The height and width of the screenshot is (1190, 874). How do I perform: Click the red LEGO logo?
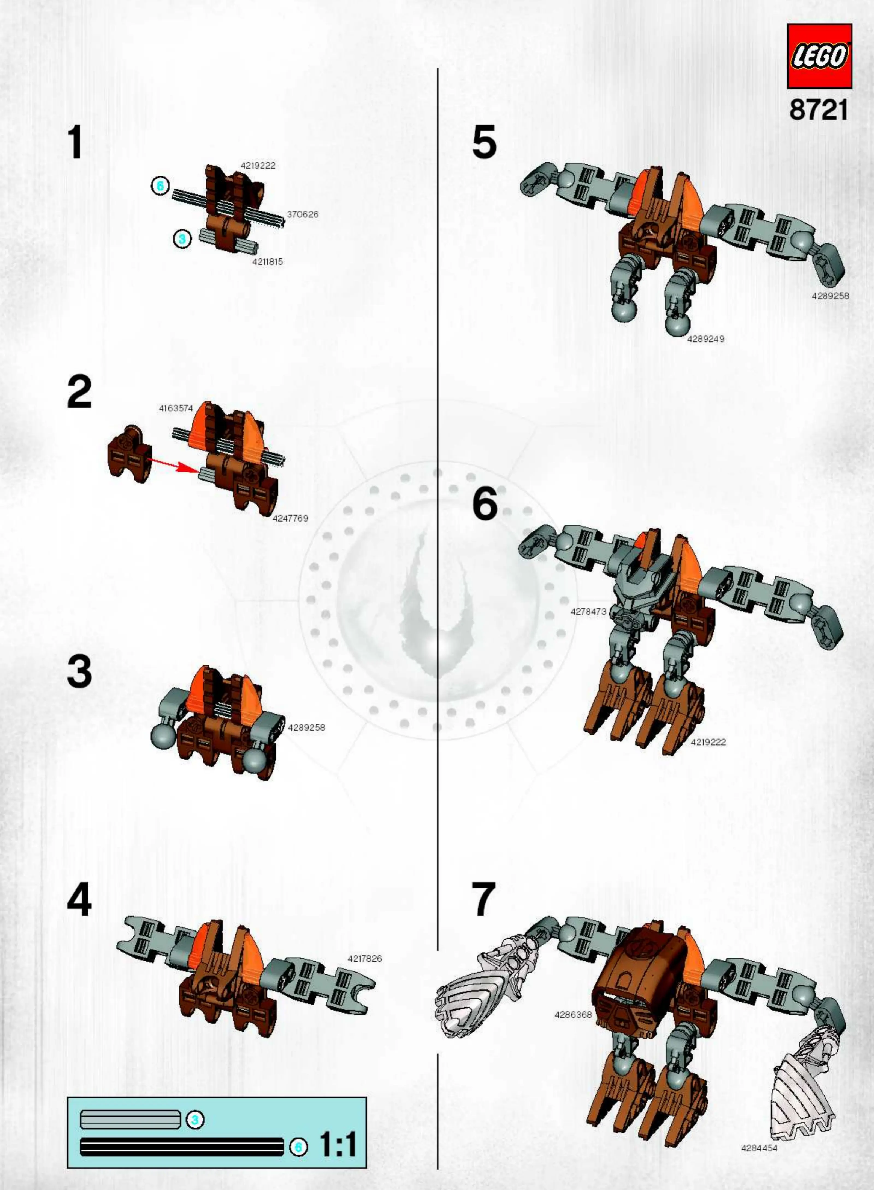click(x=819, y=56)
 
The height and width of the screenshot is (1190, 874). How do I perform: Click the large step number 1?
click(x=76, y=143)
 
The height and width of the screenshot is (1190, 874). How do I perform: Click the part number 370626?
click(x=303, y=214)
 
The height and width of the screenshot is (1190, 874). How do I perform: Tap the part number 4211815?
click(x=268, y=261)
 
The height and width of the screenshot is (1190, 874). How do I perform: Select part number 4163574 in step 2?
click(x=176, y=408)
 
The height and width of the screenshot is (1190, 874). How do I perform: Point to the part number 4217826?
click(x=365, y=958)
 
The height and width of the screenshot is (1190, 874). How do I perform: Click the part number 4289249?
click(x=706, y=339)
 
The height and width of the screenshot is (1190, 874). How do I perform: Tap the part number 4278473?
click(x=588, y=612)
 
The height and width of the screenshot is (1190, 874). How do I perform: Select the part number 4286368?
click(x=573, y=1015)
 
